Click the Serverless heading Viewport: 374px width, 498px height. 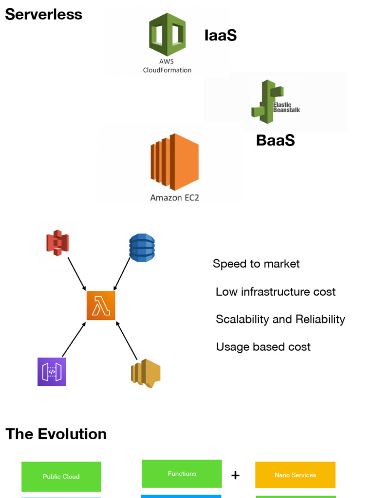(x=43, y=14)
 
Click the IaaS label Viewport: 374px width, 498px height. (x=220, y=35)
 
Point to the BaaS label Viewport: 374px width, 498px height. (x=275, y=141)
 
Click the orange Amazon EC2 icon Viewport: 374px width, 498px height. (x=174, y=162)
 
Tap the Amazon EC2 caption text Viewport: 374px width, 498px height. (x=174, y=197)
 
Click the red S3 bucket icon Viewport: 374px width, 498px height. (x=57, y=243)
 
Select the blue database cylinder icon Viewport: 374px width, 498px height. (x=142, y=248)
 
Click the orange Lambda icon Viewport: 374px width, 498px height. (x=101, y=306)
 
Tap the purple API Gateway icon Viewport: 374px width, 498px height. (x=52, y=372)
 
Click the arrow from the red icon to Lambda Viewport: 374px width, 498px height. (x=77, y=274)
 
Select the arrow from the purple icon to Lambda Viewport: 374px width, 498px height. (x=74, y=339)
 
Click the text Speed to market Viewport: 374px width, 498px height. (x=256, y=264)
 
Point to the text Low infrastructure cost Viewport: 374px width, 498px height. (x=276, y=292)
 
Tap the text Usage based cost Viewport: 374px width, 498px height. (x=263, y=347)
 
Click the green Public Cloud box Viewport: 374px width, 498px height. (x=61, y=477)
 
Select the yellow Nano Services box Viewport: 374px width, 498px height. (x=295, y=475)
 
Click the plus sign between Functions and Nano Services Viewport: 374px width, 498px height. (x=235, y=475)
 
